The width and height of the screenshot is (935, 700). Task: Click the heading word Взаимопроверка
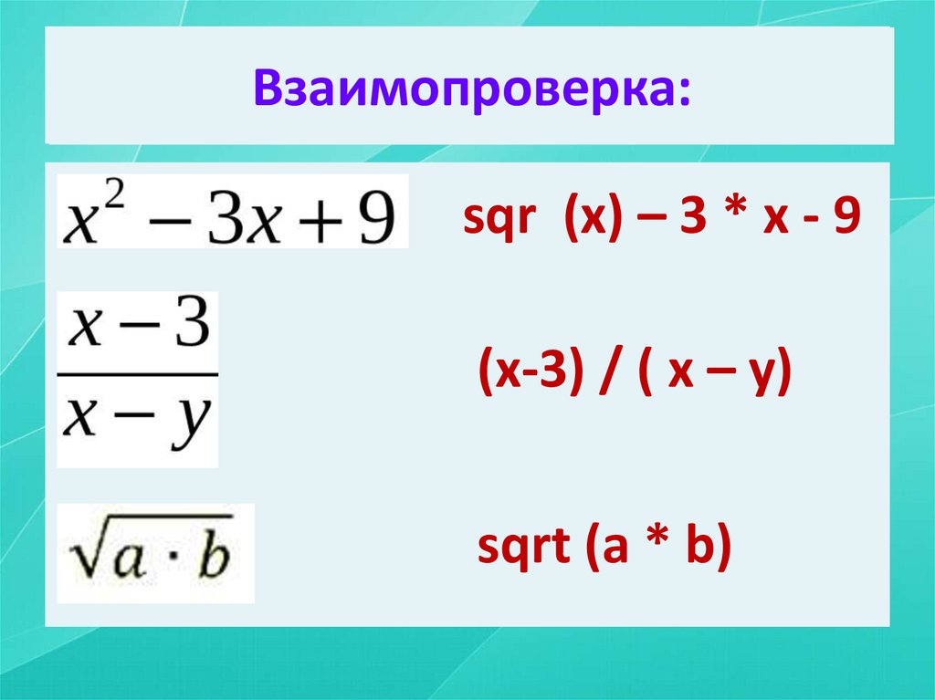pyautogui.click(x=464, y=89)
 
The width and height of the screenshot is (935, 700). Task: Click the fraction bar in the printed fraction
pyautogui.click(x=138, y=373)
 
